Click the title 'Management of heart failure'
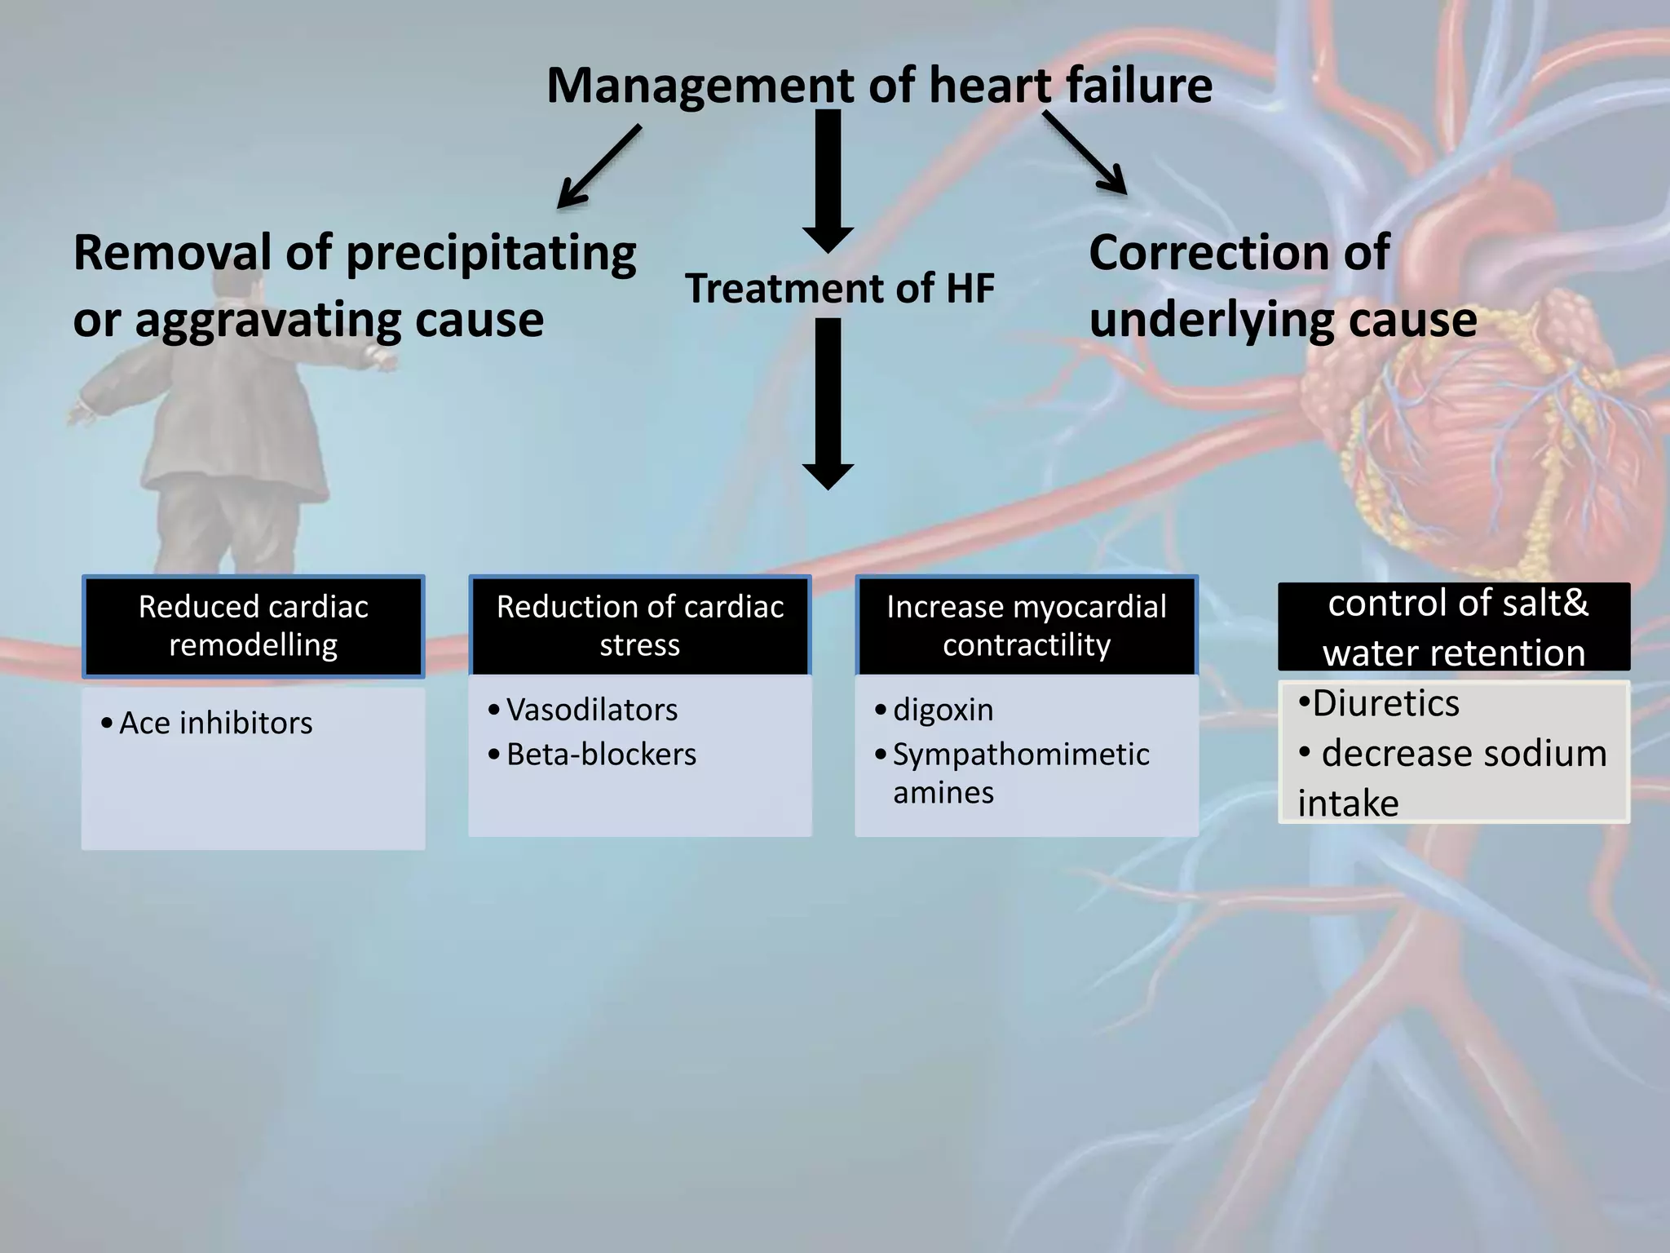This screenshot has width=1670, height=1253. [879, 86]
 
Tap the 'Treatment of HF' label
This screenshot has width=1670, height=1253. [840, 289]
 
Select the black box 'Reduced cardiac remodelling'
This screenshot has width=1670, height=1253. [253, 626]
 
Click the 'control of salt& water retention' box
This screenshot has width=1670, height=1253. [1454, 627]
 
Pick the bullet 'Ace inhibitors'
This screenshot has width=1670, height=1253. [215, 724]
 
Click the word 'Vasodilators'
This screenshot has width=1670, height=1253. [592, 711]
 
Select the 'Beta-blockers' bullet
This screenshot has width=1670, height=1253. [601, 755]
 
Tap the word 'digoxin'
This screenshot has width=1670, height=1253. [943, 711]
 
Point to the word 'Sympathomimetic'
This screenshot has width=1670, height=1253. [1021, 755]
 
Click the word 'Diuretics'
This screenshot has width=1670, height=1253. [1385, 703]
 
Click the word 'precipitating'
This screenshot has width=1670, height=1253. [492, 255]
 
